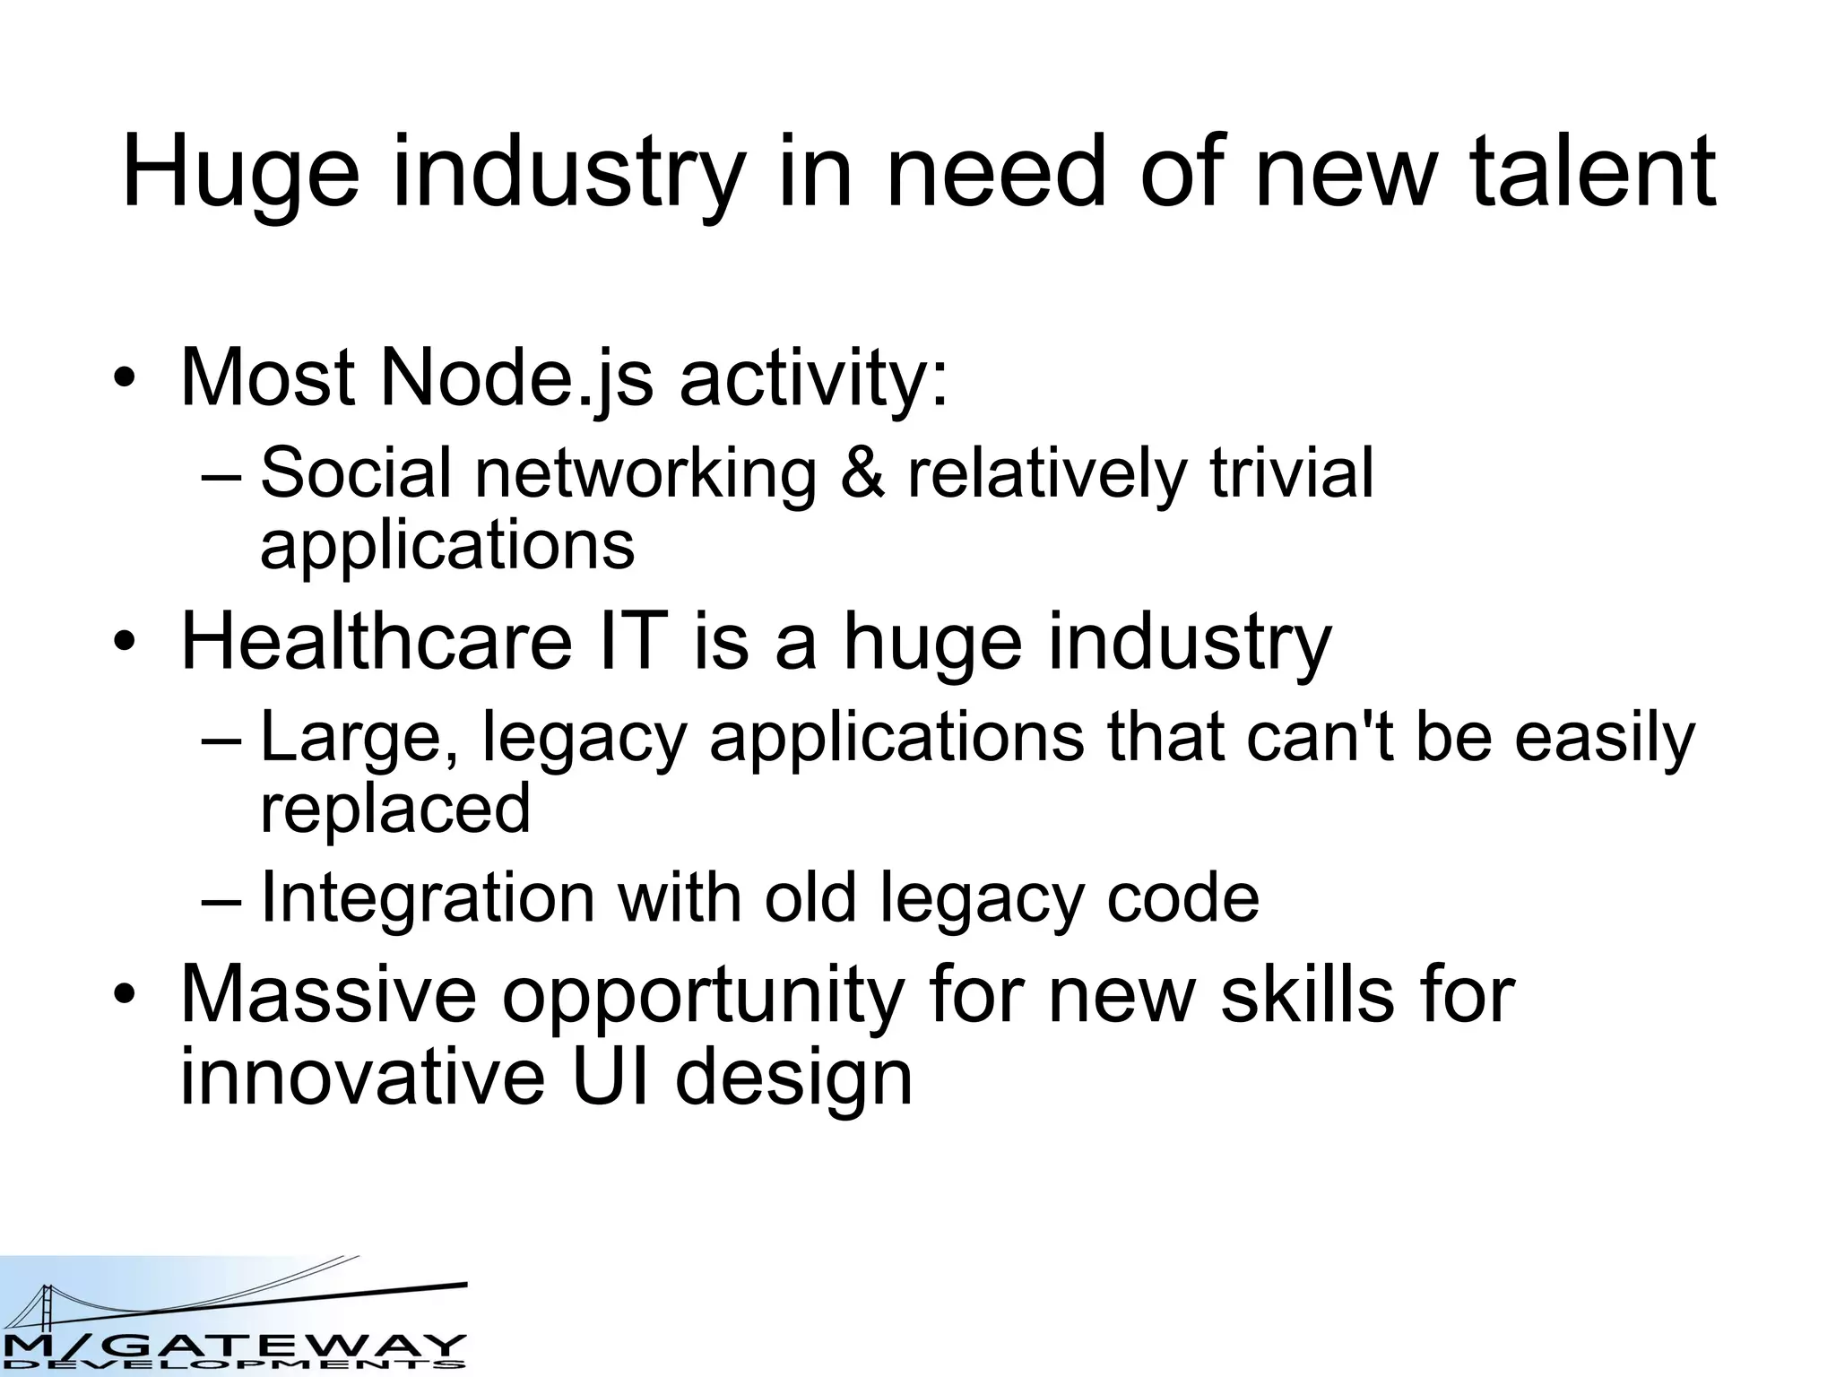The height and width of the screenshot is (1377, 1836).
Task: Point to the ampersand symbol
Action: pyautogui.click(x=862, y=473)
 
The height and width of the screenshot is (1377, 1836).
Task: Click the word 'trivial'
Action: pyautogui.click(x=1291, y=472)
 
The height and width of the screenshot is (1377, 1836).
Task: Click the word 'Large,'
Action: pyautogui.click(x=359, y=737)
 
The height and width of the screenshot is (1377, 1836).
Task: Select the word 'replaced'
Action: pyautogui.click(x=395, y=808)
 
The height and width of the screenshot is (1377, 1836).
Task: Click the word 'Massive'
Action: pyautogui.click(x=328, y=994)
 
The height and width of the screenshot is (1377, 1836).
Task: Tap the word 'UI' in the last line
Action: pyautogui.click(x=609, y=1075)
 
